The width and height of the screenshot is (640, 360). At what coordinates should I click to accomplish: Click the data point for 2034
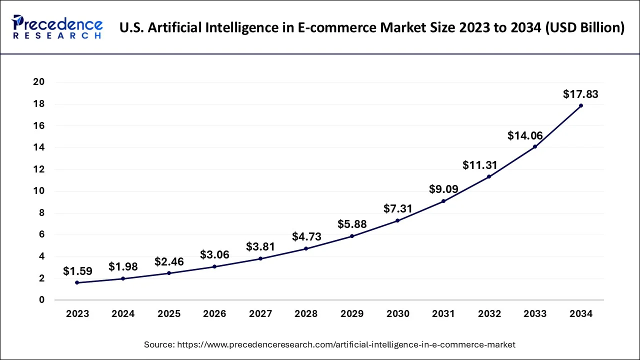580,105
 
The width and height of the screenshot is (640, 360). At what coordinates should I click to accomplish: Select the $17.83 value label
580,94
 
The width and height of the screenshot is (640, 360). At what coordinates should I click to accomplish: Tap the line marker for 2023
77,282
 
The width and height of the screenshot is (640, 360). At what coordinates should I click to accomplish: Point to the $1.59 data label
77,271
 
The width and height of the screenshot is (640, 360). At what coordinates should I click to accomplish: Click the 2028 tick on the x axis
306,314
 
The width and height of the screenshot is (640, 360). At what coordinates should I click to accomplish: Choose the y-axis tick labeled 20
38,82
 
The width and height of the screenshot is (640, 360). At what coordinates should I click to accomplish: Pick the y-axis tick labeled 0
42,300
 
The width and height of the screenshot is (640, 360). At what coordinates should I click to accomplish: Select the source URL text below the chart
329,344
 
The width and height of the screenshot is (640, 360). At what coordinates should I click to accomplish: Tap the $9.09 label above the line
443,189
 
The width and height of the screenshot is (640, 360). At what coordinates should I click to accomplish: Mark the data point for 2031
443,201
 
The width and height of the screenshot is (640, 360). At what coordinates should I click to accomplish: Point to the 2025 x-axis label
169,314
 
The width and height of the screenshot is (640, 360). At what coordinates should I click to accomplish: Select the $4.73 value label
306,236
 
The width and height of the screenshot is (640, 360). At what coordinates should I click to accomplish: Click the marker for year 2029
352,236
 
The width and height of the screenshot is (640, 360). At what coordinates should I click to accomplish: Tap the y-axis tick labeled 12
38,169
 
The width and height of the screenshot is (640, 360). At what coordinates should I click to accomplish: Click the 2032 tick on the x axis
489,314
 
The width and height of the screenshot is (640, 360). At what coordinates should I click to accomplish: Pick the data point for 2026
214,266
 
